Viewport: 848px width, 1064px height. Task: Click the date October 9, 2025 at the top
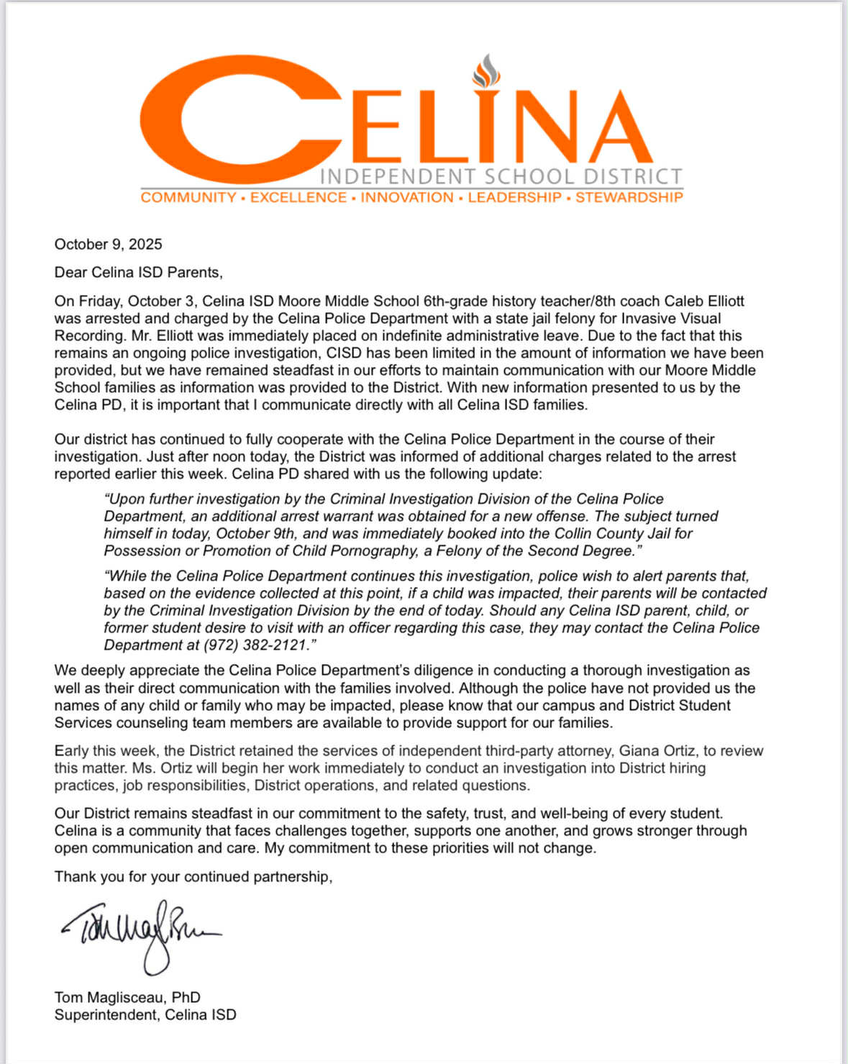click(108, 244)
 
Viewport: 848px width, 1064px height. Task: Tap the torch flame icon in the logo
click(486, 71)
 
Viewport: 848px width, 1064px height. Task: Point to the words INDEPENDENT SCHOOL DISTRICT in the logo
click(501, 176)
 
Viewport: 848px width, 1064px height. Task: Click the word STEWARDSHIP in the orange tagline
click(629, 197)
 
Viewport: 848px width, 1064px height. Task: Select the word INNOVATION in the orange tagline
click(407, 197)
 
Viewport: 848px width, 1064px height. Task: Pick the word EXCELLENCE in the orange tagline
click(298, 197)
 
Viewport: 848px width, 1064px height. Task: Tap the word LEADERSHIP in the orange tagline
click(514, 197)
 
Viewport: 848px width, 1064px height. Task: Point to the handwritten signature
click(140, 934)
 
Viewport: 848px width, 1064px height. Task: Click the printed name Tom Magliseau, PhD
click(127, 997)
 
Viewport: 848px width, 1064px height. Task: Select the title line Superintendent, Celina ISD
click(145, 1014)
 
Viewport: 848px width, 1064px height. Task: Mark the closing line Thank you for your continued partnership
click(193, 876)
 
